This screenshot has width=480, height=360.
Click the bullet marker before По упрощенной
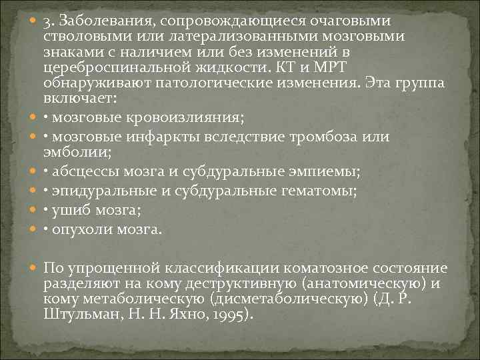point(34,268)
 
